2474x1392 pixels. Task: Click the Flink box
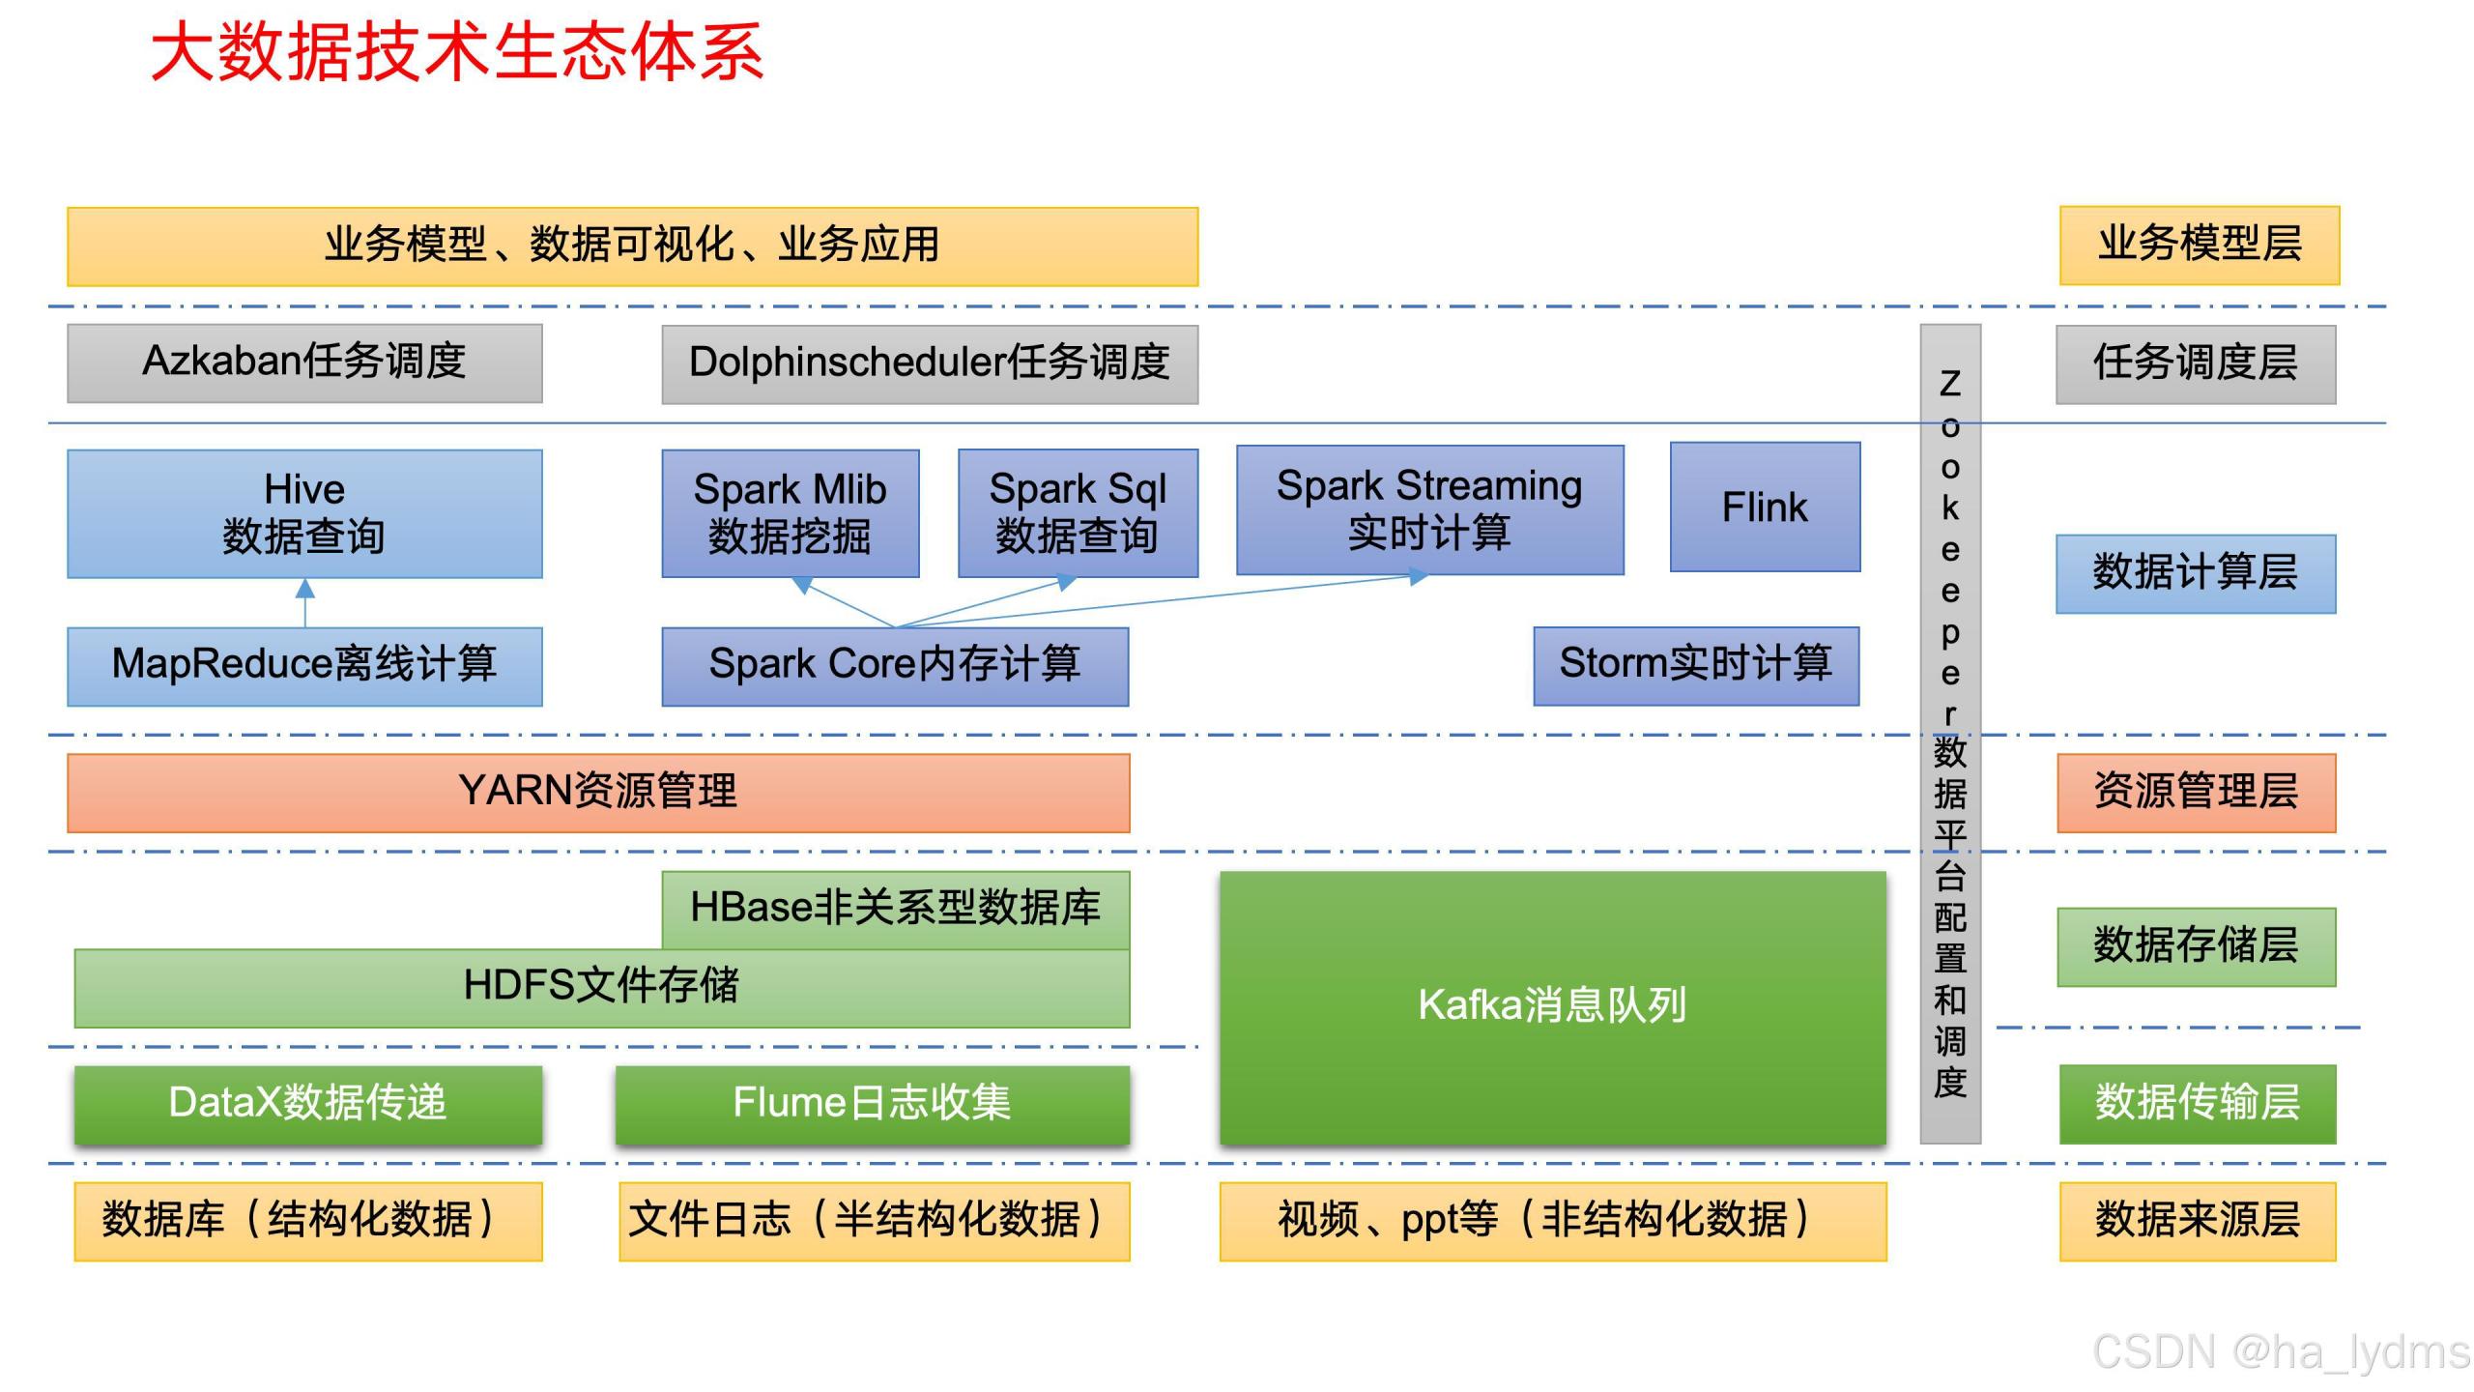pos(1765,507)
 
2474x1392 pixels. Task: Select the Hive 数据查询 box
pos(304,513)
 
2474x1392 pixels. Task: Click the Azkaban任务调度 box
pos(304,362)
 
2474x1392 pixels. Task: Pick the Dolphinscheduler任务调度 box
pos(929,363)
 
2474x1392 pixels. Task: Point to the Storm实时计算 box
pos(1696,665)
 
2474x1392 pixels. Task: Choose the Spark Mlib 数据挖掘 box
pos(790,513)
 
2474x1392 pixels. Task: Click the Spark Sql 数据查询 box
pos(1078,512)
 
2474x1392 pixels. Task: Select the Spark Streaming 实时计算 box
pos(1429,509)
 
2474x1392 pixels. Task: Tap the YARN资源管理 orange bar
pos(598,793)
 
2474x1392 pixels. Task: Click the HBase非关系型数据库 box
pos(895,909)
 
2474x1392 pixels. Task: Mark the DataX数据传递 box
pos(307,1104)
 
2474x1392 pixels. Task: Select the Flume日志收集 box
pos(872,1104)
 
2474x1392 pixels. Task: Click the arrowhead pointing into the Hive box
pos(304,589)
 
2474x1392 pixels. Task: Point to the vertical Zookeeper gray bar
pos(1949,735)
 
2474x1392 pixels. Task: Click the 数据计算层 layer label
pos(2195,573)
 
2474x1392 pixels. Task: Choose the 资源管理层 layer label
pos(2195,793)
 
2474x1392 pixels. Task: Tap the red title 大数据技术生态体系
pos(457,52)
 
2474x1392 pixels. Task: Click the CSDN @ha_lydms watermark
pos(2280,1351)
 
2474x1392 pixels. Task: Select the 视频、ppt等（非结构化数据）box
pos(1552,1221)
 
